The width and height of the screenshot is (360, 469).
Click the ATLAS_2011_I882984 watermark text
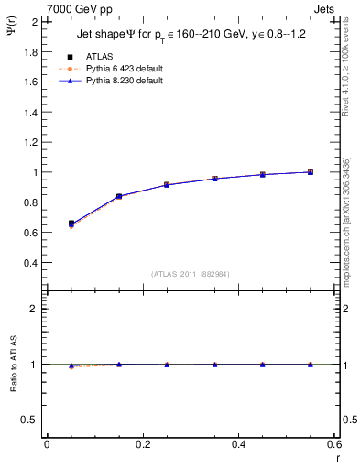190,274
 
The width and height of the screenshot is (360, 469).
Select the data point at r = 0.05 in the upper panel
71,223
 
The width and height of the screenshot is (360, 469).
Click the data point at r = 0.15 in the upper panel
119,196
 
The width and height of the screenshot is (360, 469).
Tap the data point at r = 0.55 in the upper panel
311,172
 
